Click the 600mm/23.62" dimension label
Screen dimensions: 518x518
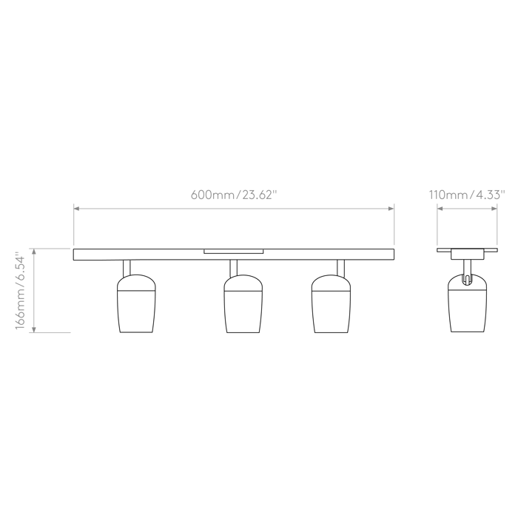click(x=233, y=195)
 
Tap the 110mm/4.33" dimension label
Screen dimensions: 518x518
click(x=467, y=195)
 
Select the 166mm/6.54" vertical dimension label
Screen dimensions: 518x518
click(x=20, y=290)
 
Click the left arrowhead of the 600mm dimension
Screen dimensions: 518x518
click(x=76, y=209)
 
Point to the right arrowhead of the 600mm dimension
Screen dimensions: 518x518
click(x=391, y=209)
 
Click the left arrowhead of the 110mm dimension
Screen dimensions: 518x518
click(x=440, y=209)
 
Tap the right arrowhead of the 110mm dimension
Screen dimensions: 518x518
click(x=494, y=209)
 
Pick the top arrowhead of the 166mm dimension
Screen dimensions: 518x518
click(x=34, y=252)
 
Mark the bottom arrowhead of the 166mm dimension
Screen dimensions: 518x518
click(x=34, y=329)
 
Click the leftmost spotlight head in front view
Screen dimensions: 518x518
click(x=136, y=303)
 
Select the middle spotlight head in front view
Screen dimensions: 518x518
click(x=243, y=303)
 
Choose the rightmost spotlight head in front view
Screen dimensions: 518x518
click(x=331, y=303)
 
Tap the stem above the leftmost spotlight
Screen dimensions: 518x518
click(x=127, y=268)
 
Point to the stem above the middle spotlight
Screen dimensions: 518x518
click(x=234, y=268)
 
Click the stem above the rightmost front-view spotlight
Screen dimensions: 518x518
click(x=340, y=268)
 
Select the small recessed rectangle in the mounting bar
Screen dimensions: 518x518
click(x=234, y=251)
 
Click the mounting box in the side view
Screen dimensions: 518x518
click(x=467, y=254)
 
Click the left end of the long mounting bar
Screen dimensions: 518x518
click(x=74, y=255)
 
